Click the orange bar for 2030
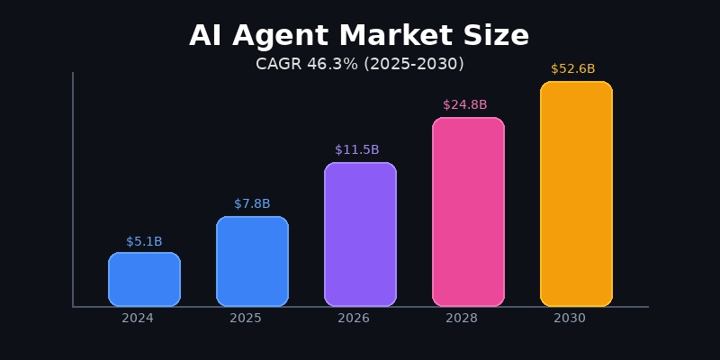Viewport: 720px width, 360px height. point(576,193)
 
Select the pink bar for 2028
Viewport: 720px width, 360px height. point(468,211)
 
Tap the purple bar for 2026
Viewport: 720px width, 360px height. point(360,234)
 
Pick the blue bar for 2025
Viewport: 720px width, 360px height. point(252,261)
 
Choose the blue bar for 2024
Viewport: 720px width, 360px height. point(144,279)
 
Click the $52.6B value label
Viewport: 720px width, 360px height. point(573,68)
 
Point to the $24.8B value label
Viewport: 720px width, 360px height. point(465,104)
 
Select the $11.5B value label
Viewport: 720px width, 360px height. point(357,149)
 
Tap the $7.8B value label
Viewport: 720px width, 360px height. point(252,203)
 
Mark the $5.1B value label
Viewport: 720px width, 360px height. point(144,241)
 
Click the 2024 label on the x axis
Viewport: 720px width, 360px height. point(138,318)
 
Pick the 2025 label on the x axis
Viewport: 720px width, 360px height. point(246,318)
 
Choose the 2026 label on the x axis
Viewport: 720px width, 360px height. point(354,318)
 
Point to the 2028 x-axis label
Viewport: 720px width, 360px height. point(462,318)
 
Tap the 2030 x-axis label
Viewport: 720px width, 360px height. point(570,318)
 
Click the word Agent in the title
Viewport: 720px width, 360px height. point(273,36)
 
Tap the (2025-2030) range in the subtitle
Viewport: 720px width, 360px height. point(412,64)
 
